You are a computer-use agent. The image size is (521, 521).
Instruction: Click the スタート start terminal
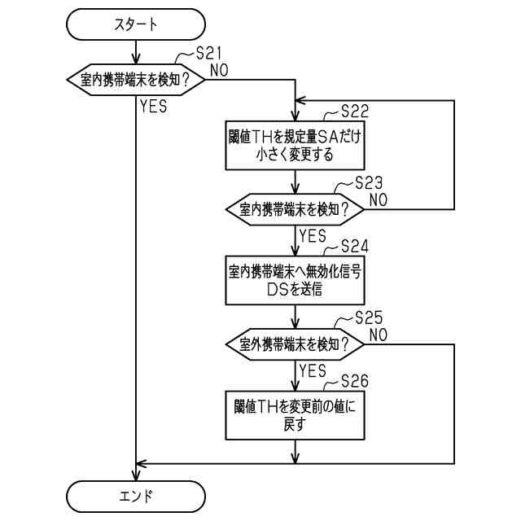(x=135, y=26)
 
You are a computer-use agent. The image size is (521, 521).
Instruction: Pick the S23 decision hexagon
(x=293, y=209)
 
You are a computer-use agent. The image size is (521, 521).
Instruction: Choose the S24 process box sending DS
(x=293, y=280)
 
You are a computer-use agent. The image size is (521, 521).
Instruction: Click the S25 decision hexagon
(x=293, y=344)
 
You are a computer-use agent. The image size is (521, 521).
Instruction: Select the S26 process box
(x=293, y=415)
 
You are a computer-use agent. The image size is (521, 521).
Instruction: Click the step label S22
(x=355, y=111)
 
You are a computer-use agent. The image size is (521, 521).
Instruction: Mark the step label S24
(x=355, y=245)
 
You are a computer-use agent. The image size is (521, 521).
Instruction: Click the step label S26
(x=355, y=380)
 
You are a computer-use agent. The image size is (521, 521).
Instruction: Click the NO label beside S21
(x=219, y=70)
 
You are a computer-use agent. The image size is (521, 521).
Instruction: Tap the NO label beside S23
(x=379, y=199)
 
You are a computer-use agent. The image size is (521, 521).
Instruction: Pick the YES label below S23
(x=313, y=235)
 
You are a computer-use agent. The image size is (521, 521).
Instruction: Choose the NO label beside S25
(x=379, y=334)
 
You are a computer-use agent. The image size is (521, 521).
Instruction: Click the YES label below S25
(x=313, y=370)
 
